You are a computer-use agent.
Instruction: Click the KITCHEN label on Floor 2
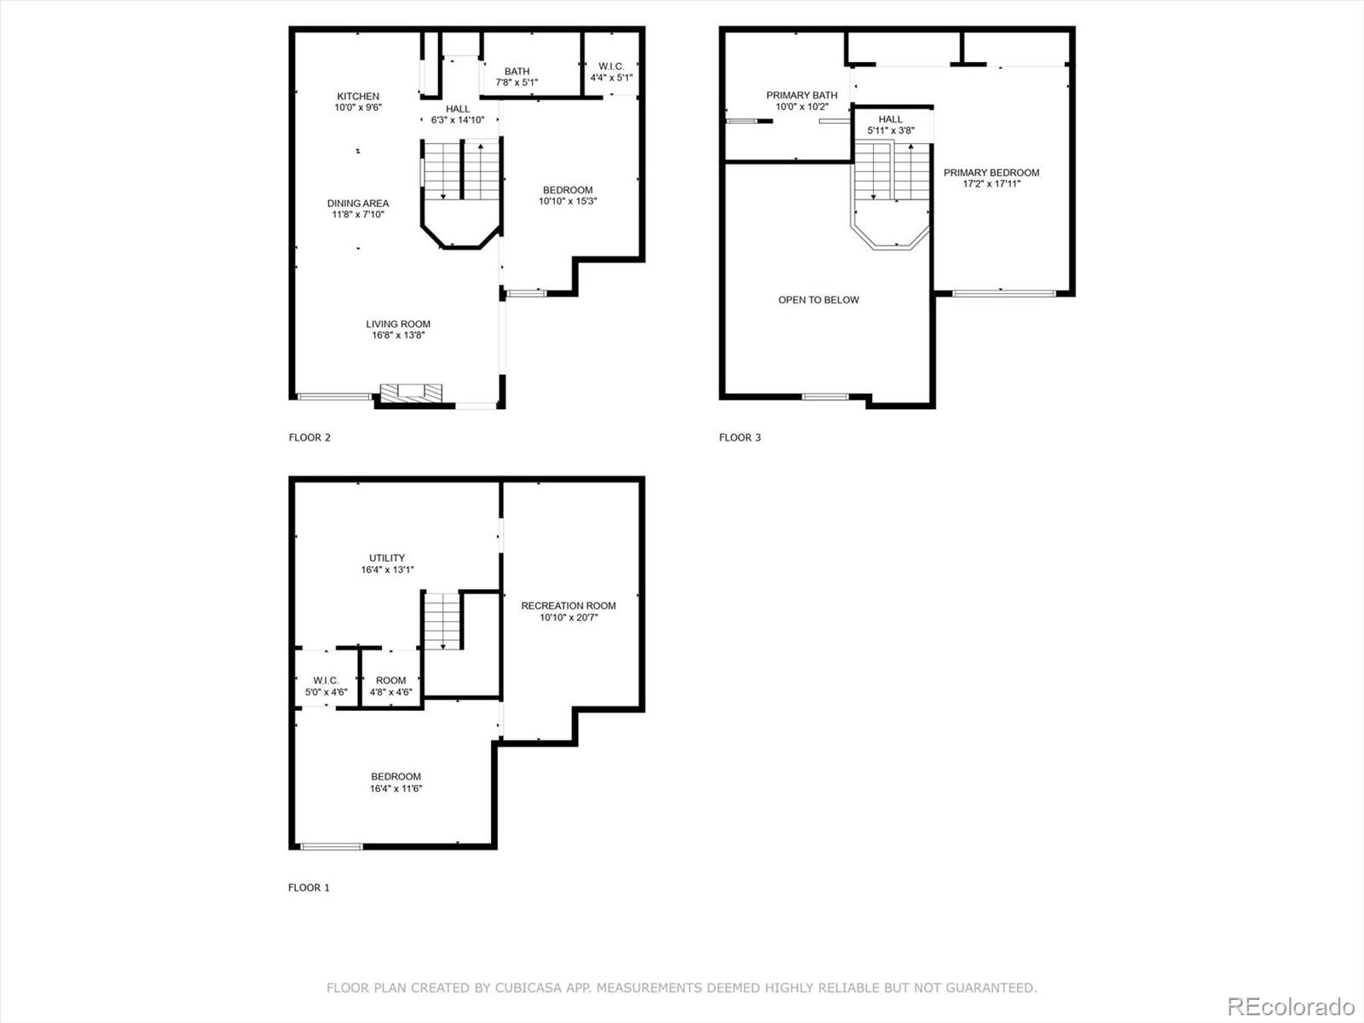(358, 96)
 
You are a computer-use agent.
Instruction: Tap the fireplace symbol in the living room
(411, 392)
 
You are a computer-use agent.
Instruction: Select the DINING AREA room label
(358, 203)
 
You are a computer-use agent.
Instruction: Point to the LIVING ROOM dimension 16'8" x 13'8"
(398, 335)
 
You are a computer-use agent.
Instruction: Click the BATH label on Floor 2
(517, 72)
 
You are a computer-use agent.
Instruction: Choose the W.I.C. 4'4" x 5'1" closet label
(611, 72)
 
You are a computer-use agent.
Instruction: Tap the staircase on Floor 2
(461, 171)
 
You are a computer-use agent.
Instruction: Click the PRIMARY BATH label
(801, 95)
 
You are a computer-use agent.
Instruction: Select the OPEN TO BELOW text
(818, 300)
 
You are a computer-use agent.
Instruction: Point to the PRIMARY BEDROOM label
(991, 173)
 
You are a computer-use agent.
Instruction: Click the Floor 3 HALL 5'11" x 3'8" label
(890, 124)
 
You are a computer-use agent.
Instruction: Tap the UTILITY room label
(387, 558)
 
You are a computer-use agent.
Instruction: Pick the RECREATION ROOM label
(569, 606)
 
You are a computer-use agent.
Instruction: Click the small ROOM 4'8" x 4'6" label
(390, 685)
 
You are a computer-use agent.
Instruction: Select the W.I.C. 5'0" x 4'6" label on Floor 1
(326, 685)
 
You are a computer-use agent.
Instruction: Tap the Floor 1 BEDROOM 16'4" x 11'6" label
(396, 782)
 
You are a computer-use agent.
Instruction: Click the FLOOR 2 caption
(309, 437)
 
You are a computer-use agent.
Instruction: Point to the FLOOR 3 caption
(740, 437)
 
